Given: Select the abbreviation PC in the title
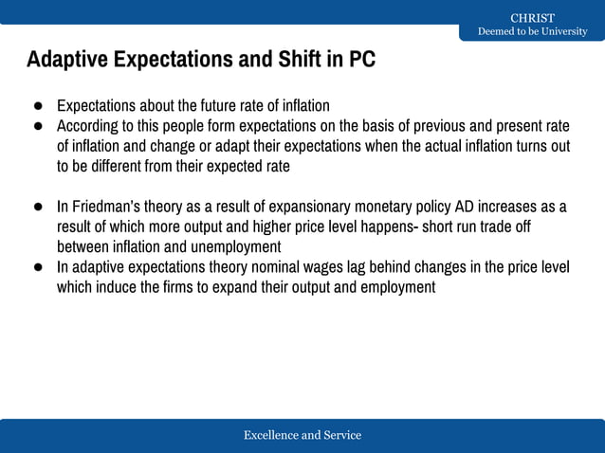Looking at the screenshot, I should [x=361, y=60].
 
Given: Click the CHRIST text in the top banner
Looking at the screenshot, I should [x=532, y=18].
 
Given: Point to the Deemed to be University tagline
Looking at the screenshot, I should [x=532, y=32].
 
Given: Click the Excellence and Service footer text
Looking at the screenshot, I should [x=302, y=435].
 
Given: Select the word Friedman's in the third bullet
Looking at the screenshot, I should [x=106, y=207].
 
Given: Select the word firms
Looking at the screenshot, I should [x=178, y=287].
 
